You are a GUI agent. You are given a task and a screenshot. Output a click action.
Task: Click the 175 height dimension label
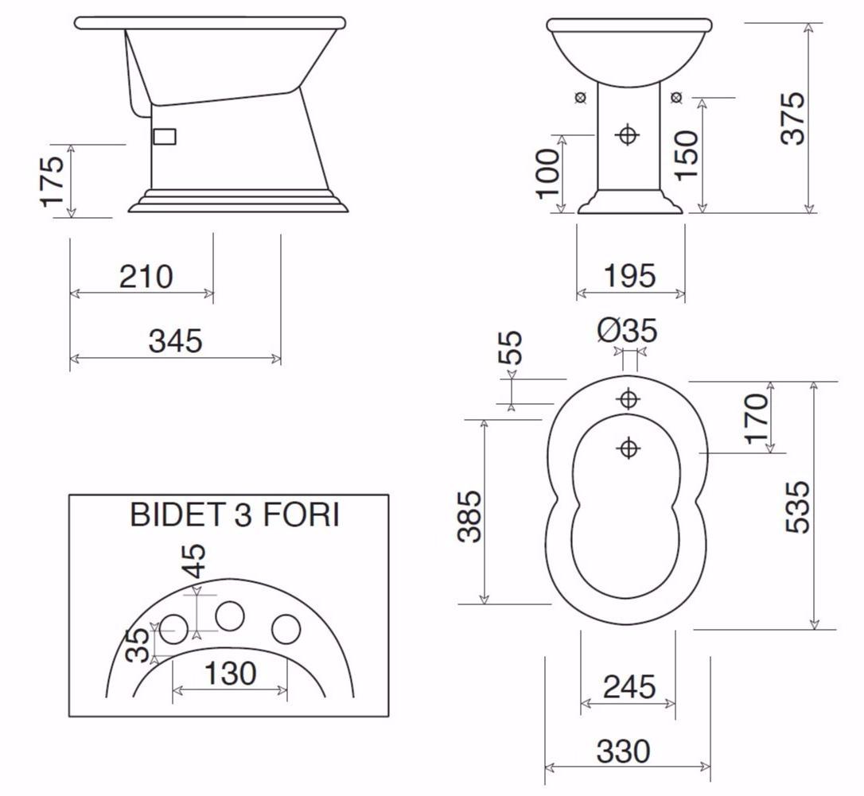pyautogui.click(x=53, y=181)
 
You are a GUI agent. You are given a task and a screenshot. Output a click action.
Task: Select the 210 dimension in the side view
pyautogui.click(x=146, y=277)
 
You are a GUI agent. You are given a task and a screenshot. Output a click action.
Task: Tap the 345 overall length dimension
pyautogui.click(x=176, y=340)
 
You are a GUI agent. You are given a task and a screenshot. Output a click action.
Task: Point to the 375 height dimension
pyautogui.click(x=792, y=118)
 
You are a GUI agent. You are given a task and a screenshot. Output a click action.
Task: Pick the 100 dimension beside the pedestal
pyautogui.click(x=547, y=173)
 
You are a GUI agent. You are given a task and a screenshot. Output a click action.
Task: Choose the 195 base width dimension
pyautogui.click(x=629, y=276)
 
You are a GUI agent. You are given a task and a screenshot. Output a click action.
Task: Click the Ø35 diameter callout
pyautogui.click(x=628, y=330)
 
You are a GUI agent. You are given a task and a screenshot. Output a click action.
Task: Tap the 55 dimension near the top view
pyautogui.click(x=513, y=348)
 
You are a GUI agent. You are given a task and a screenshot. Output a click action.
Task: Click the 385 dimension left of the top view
pyautogui.click(x=469, y=516)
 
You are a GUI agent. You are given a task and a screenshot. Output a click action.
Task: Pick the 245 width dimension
pyautogui.click(x=629, y=686)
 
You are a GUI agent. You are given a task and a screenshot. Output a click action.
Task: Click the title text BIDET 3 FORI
pyautogui.click(x=235, y=515)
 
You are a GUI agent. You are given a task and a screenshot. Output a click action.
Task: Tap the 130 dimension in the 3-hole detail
pyautogui.click(x=231, y=674)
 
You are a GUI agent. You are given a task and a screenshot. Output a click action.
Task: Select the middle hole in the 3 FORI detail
pyautogui.click(x=230, y=616)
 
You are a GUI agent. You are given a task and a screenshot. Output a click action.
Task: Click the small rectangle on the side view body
pyautogui.click(x=164, y=137)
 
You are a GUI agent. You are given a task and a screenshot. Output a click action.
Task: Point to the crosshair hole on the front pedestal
pyautogui.click(x=629, y=135)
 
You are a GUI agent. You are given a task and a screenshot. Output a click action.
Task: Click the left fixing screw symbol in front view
pyautogui.click(x=581, y=97)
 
